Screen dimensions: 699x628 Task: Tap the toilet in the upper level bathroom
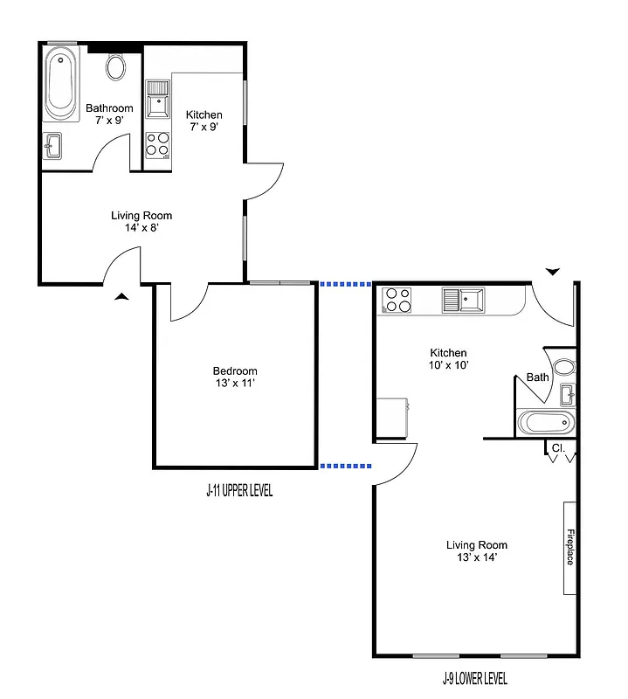click(x=117, y=66)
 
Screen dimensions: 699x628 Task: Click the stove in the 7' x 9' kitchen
click(x=157, y=144)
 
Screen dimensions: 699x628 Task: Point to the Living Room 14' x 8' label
click(x=141, y=221)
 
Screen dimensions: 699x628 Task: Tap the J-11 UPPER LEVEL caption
click(x=239, y=491)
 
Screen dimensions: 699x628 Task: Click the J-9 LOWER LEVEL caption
click(x=474, y=679)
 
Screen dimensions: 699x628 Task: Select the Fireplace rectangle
click(x=569, y=548)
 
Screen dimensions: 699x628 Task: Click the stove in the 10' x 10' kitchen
click(x=398, y=300)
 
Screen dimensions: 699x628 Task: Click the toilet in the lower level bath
click(x=566, y=368)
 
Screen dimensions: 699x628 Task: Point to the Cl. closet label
click(x=559, y=448)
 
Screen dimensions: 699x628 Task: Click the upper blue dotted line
click(x=346, y=284)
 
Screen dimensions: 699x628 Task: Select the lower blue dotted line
click(x=346, y=466)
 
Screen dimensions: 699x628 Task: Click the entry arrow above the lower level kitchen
click(x=552, y=272)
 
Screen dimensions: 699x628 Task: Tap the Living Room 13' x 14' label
click(x=476, y=551)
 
